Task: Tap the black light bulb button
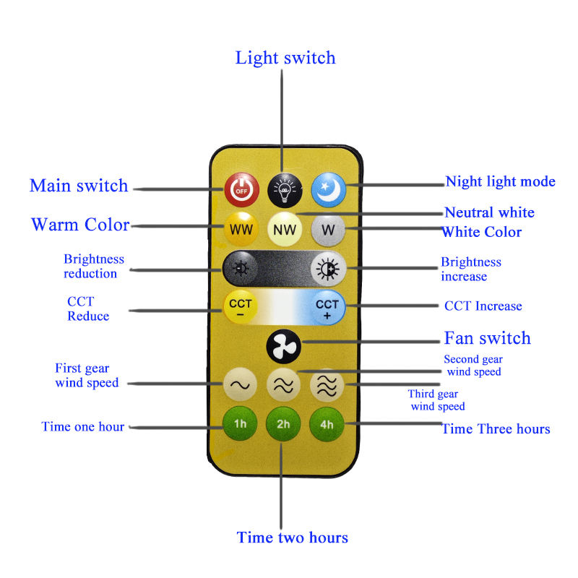point(285,190)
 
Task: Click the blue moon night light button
point(329,190)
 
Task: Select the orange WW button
point(241,229)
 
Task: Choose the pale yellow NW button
point(285,229)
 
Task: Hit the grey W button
point(328,229)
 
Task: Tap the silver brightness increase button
point(328,269)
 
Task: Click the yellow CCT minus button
point(241,308)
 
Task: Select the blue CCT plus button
point(327,309)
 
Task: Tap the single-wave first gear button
point(240,384)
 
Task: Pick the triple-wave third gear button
point(327,385)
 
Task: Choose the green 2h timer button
point(283,424)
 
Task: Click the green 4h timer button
point(327,424)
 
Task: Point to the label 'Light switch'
point(285,58)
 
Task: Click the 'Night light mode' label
point(500,181)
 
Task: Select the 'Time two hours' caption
point(293,537)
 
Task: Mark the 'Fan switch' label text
point(487,338)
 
